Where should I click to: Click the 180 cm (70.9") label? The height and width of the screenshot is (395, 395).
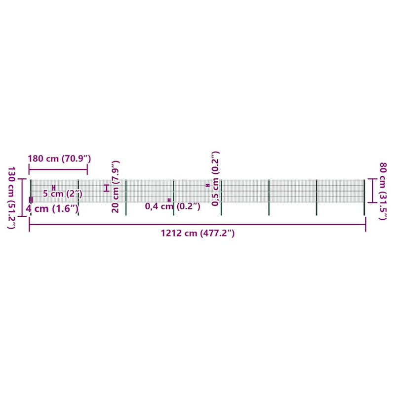(59, 158)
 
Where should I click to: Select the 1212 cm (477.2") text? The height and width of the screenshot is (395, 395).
(198, 233)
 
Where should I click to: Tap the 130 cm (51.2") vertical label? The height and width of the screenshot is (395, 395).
(11, 198)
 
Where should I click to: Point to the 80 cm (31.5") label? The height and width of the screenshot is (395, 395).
(383, 191)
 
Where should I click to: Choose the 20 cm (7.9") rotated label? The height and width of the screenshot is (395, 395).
(115, 187)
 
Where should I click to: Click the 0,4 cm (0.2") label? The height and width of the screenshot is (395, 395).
(172, 206)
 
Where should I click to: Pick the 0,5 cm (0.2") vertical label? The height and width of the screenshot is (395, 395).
(215, 179)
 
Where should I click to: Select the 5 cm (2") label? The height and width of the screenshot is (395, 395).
(63, 194)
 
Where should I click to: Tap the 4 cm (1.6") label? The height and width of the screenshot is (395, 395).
(52, 208)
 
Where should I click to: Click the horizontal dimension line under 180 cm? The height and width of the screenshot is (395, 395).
(58, 169)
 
